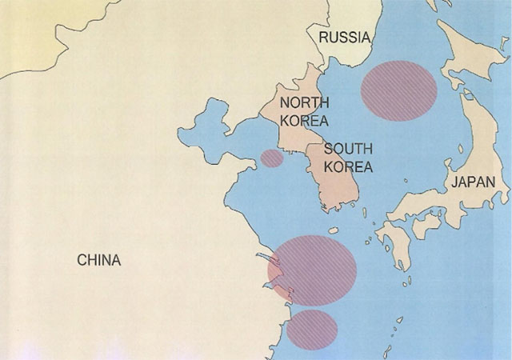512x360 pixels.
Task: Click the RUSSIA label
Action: pos(343,38)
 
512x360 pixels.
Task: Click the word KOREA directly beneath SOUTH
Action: pos(348,167)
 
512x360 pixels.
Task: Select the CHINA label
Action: pos(98,260)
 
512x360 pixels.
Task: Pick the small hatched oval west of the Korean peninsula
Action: pos(272,158)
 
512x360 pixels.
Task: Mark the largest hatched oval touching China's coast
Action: pos(312,270)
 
